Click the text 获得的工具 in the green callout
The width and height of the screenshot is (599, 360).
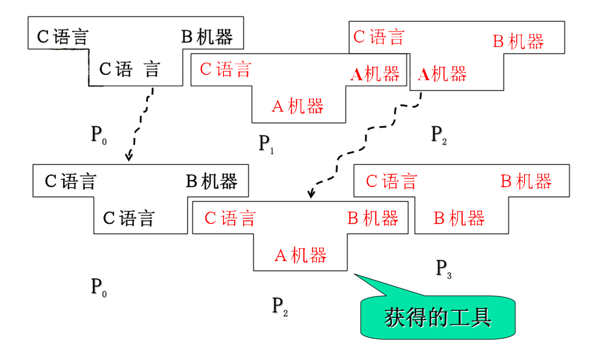(438, 318)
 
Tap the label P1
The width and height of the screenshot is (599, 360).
(266, 144)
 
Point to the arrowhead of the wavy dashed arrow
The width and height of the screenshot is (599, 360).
(310, 196)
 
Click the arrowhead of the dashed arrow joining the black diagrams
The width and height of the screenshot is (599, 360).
(129, 157)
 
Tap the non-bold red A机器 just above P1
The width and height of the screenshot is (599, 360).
(298, 106)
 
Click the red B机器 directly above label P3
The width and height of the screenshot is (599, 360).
(459, 218)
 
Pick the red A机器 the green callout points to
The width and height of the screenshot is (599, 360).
(300, 255)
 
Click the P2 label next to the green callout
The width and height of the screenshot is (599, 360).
(280, 306)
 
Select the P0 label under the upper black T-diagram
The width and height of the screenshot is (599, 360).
(99, 135)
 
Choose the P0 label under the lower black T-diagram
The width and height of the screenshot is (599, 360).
(99, 287)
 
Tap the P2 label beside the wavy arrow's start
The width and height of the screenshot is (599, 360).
(439, 134)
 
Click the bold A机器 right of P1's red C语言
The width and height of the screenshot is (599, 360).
(375, 74)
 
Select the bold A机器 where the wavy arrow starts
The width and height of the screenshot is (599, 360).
(442, 74)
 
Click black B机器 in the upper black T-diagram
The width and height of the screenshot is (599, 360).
(207, 37)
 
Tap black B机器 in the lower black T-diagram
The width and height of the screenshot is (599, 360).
(212, 182)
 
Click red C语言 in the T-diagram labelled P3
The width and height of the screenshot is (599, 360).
(392, 182)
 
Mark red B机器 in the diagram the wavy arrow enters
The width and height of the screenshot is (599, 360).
(372, 218)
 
